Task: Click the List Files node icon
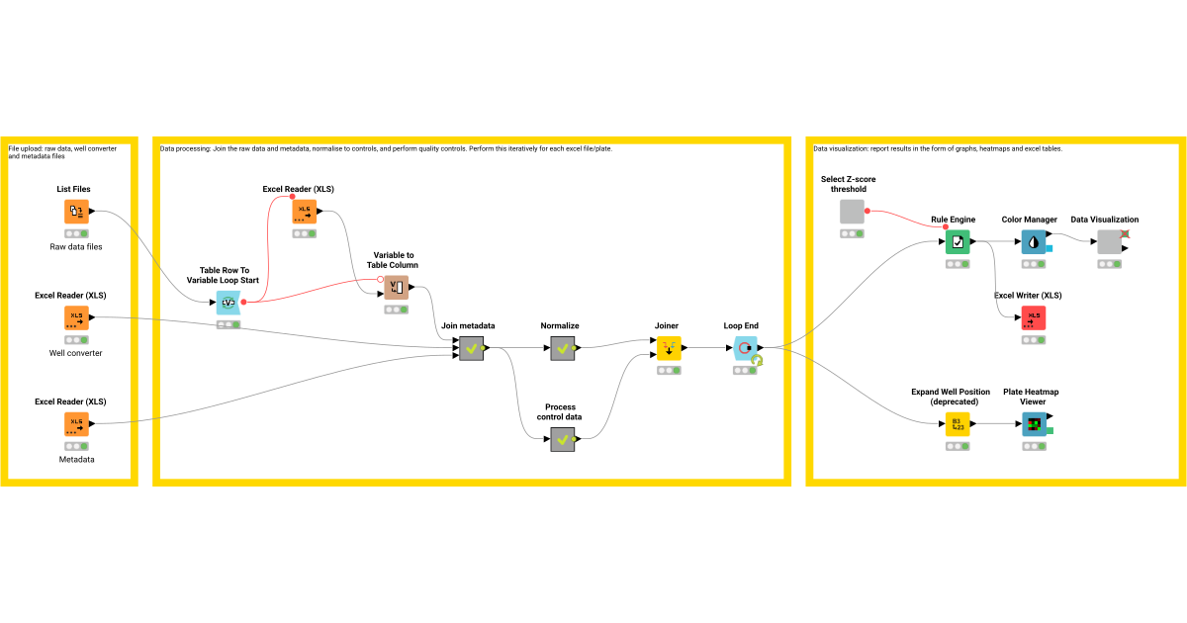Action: [x=76, y=212]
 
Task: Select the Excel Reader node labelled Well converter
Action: [x=76, y=318]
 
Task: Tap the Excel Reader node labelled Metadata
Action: [x=76, y=424]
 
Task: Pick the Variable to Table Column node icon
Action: [x=396, y=288]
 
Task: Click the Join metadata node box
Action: [x=471, y=348]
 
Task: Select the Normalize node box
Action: [x=563, y=348]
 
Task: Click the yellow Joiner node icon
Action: [x=669, y=348]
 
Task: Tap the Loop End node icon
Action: [x=745, y=348]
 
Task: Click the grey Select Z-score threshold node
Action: [x=852, y=212]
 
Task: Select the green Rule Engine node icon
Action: [x=958, y=241]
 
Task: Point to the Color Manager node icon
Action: [x=1034, y=241]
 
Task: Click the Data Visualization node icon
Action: [x=1110, y=241]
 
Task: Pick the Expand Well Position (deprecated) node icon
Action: [x=958, y=424]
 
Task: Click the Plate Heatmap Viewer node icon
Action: [x=1034, y=424]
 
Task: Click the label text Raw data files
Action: [x=77, y=246]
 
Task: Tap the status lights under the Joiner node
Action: [x=669, y=371]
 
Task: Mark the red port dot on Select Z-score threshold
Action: [x=867, y=211]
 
